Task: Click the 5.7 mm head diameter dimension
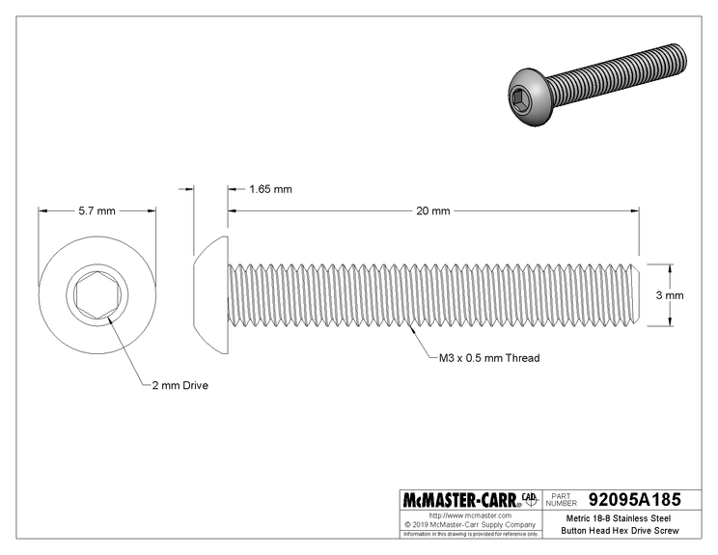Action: pyautogui.click(x=97, y=209)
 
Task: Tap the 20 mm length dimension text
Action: pyautogui.click(x=433, y=209)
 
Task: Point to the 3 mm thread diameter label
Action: pyautogui.click(x=670, y=294)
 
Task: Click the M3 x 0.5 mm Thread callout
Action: pyautogui.click(x=484, y=358)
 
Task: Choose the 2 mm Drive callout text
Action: pyautogui.click(x=179, y=385)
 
